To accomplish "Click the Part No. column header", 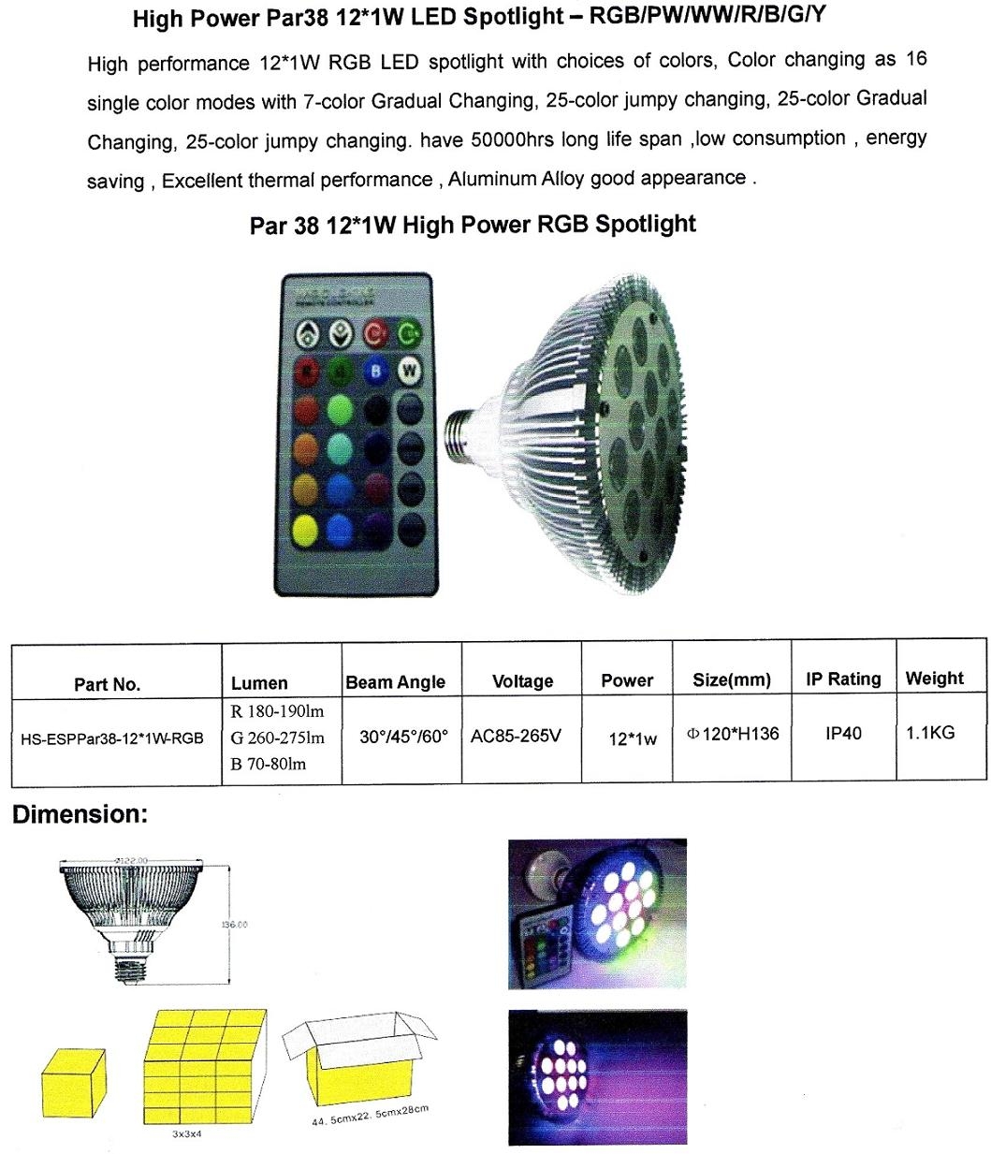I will [107, 684].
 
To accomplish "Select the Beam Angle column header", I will [395, 682].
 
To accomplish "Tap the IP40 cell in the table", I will [843, 734].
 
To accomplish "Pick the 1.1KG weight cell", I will [930, 733].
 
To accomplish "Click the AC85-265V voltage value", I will [516, 736].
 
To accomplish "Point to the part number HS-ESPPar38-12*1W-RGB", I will [112, 738].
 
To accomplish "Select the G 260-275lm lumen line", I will [277, 738].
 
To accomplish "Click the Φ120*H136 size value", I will [733, 735].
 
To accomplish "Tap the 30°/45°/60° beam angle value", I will [403, 737].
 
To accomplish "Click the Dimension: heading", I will [80, 814].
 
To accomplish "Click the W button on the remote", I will [409, 372].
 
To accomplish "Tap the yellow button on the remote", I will [306, 531].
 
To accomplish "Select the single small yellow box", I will [73, 1083].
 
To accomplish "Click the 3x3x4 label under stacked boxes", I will [186, 1134].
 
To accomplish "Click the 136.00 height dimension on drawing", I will [234, 925].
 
